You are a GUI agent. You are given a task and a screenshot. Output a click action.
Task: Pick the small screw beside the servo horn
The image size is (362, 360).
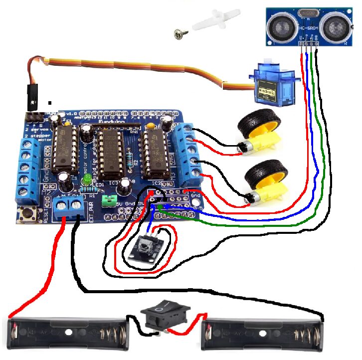[178, 33]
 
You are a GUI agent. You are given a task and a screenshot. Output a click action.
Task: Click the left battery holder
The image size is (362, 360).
[70, 332]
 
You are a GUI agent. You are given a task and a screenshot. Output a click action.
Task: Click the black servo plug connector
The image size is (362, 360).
[33, 100]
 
